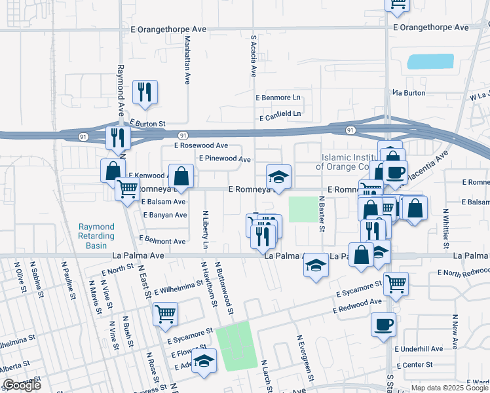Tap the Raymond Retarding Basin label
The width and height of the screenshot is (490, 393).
[x=96, y=236]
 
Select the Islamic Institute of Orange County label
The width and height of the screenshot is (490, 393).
[x=350, y=162]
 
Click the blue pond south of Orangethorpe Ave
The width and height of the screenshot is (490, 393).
[x=430, y=62]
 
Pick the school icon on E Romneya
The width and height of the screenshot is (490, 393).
[x=278, y=176]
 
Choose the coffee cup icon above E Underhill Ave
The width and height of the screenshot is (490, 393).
[x=383, y=324]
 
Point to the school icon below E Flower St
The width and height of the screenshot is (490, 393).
[x=204, y=361]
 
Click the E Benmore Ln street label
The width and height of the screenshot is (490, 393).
[x=278, y=97]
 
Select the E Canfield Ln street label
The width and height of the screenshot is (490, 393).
[x=280, y=115]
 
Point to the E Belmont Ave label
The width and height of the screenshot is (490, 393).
[x=162, y=241]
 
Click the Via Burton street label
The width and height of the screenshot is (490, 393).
[x=409, y=93]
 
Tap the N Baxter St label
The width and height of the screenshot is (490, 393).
[x=322, y=214]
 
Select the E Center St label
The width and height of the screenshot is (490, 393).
[x=415, y=364]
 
